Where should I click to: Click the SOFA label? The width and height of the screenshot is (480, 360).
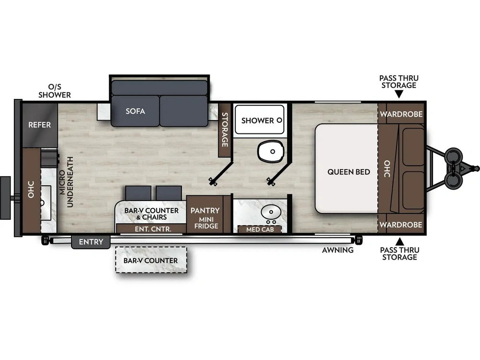tap(135, 111)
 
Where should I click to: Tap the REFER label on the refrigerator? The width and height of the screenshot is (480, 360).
tap(39, 125)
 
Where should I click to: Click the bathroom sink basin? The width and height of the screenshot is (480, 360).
tap(271, 212)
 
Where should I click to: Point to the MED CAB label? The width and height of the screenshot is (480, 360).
tap(260, 229)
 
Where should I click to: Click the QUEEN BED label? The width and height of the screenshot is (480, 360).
tap(348, 172)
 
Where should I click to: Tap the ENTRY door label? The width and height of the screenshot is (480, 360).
tap(91, 242)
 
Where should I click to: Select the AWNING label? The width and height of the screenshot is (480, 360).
tap(337, 251)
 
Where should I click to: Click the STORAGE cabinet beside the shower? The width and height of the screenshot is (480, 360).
tap(225, 130)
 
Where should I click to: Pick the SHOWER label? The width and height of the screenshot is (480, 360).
tap(257, 120)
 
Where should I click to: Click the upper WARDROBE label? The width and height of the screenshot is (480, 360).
tap(401, 114)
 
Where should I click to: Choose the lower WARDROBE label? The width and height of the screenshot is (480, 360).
tap(401, 225)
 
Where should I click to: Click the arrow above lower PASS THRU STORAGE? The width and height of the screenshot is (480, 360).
tap(399, 241)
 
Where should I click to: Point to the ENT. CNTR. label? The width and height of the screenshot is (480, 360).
tap(153, 229)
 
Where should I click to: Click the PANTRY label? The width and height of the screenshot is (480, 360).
tap(205, 211)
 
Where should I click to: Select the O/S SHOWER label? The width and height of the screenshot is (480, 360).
tap(55, 91)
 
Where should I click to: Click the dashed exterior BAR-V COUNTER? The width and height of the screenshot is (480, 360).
tap(151, 260)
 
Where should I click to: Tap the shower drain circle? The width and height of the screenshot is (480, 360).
tap(279, 120)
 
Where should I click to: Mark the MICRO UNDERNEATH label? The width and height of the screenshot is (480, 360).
tap(66, 182)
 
